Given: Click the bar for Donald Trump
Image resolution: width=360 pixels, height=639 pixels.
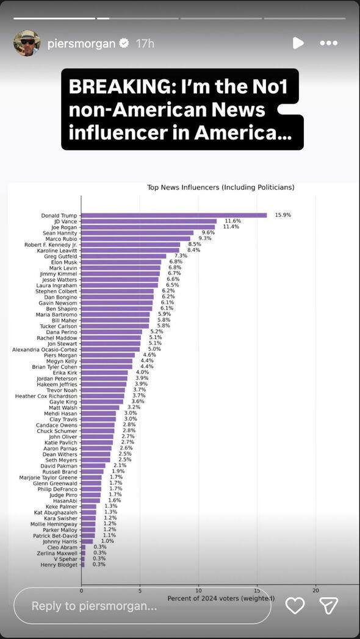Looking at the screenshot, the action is [x=174, y=215].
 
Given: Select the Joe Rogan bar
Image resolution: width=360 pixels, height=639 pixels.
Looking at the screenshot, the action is [x=148, y=227].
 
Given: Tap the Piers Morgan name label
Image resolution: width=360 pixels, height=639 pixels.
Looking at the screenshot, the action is [x=60, y=355].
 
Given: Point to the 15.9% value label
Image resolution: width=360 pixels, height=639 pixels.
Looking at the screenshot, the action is [x=283, y=215].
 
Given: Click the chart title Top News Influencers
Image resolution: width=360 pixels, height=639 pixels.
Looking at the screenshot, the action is [x=220, y=187].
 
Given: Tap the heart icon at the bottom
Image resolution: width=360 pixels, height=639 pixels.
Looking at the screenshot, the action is [x=295, y=605].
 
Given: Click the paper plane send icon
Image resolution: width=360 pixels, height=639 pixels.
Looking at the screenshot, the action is [x=328, y=605].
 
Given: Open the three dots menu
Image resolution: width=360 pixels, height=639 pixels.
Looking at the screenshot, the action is [x=329, y=43].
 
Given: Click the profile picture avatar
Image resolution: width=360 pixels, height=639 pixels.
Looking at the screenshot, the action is [x=27, y=43].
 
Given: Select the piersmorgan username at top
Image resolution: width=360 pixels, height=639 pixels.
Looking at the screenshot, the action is [x=82, y=43].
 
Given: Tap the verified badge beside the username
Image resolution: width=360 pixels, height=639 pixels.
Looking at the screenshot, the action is [x=124, y=43].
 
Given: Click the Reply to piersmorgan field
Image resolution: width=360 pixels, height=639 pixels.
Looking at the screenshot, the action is [x=142, y=606].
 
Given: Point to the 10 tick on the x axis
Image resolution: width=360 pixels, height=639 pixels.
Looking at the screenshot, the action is [x=198, y=590].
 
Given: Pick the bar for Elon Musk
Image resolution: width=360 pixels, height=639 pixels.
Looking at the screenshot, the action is [x=121, y=262].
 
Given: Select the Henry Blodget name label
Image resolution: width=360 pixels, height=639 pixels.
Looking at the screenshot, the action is [x=59, y=565].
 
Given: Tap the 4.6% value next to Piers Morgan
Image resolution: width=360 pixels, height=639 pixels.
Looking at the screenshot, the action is [x=149, y=355].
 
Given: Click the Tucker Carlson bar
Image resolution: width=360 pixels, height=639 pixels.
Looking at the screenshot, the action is [x=115, y=326].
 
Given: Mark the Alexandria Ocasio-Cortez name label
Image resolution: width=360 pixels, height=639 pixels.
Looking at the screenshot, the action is [x=45, y=349].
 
